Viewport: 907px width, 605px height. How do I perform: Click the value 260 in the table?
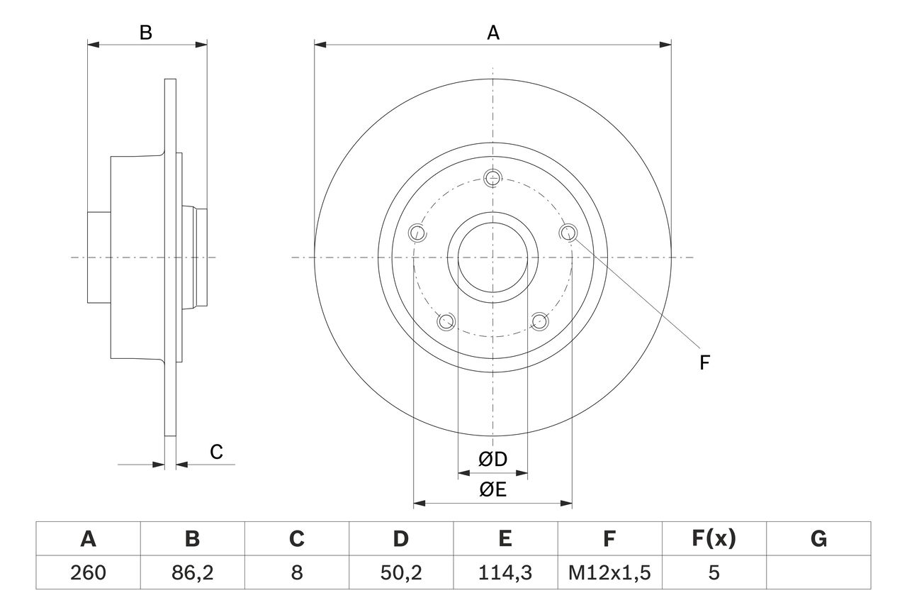pos(89,572)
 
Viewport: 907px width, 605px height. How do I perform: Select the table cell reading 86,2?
pos(192,572)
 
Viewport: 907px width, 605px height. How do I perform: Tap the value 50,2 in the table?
pos(400,572)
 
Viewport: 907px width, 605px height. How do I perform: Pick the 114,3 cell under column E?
pos(505,572)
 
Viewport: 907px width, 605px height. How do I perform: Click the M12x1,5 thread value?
pos(609,572)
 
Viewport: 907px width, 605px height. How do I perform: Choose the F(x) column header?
pos(713,540)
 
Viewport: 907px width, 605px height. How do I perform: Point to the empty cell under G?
pos(818,572)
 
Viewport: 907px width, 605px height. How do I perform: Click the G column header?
pos(818,540)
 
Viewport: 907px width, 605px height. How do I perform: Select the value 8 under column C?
pos(297,572)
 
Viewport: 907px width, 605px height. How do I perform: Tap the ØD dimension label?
pos(493,460)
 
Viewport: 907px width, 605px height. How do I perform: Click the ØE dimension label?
pos(493,490)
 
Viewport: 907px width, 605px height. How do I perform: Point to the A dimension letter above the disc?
pos(493,33)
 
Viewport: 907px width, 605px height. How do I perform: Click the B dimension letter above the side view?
pos(145,33)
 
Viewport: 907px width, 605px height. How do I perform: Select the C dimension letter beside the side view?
pos(217,452)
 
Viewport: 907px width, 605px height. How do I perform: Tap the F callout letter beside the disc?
pos(704,363)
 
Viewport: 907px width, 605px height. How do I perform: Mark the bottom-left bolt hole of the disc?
pos(446,322)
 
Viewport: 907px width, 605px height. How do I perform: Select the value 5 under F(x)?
pos(713,572)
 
